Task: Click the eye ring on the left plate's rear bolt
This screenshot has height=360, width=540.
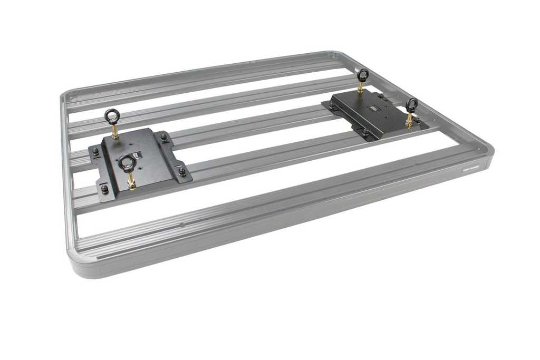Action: point(112,114)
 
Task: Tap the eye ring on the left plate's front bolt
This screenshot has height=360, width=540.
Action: point(126,163)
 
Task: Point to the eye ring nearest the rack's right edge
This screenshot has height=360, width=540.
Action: point(411,104)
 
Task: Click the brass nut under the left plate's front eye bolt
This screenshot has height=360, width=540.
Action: point(131,184)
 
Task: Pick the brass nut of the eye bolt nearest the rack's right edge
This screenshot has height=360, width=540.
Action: point(409,124)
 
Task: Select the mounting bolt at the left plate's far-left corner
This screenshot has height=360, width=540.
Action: point(95,152)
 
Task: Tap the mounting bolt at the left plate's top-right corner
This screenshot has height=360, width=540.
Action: point(164,139)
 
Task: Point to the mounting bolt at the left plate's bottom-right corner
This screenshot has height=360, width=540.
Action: point(182,171)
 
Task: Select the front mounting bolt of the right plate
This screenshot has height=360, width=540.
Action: point(364,132)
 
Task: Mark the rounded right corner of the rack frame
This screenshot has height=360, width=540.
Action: point(488,150)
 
